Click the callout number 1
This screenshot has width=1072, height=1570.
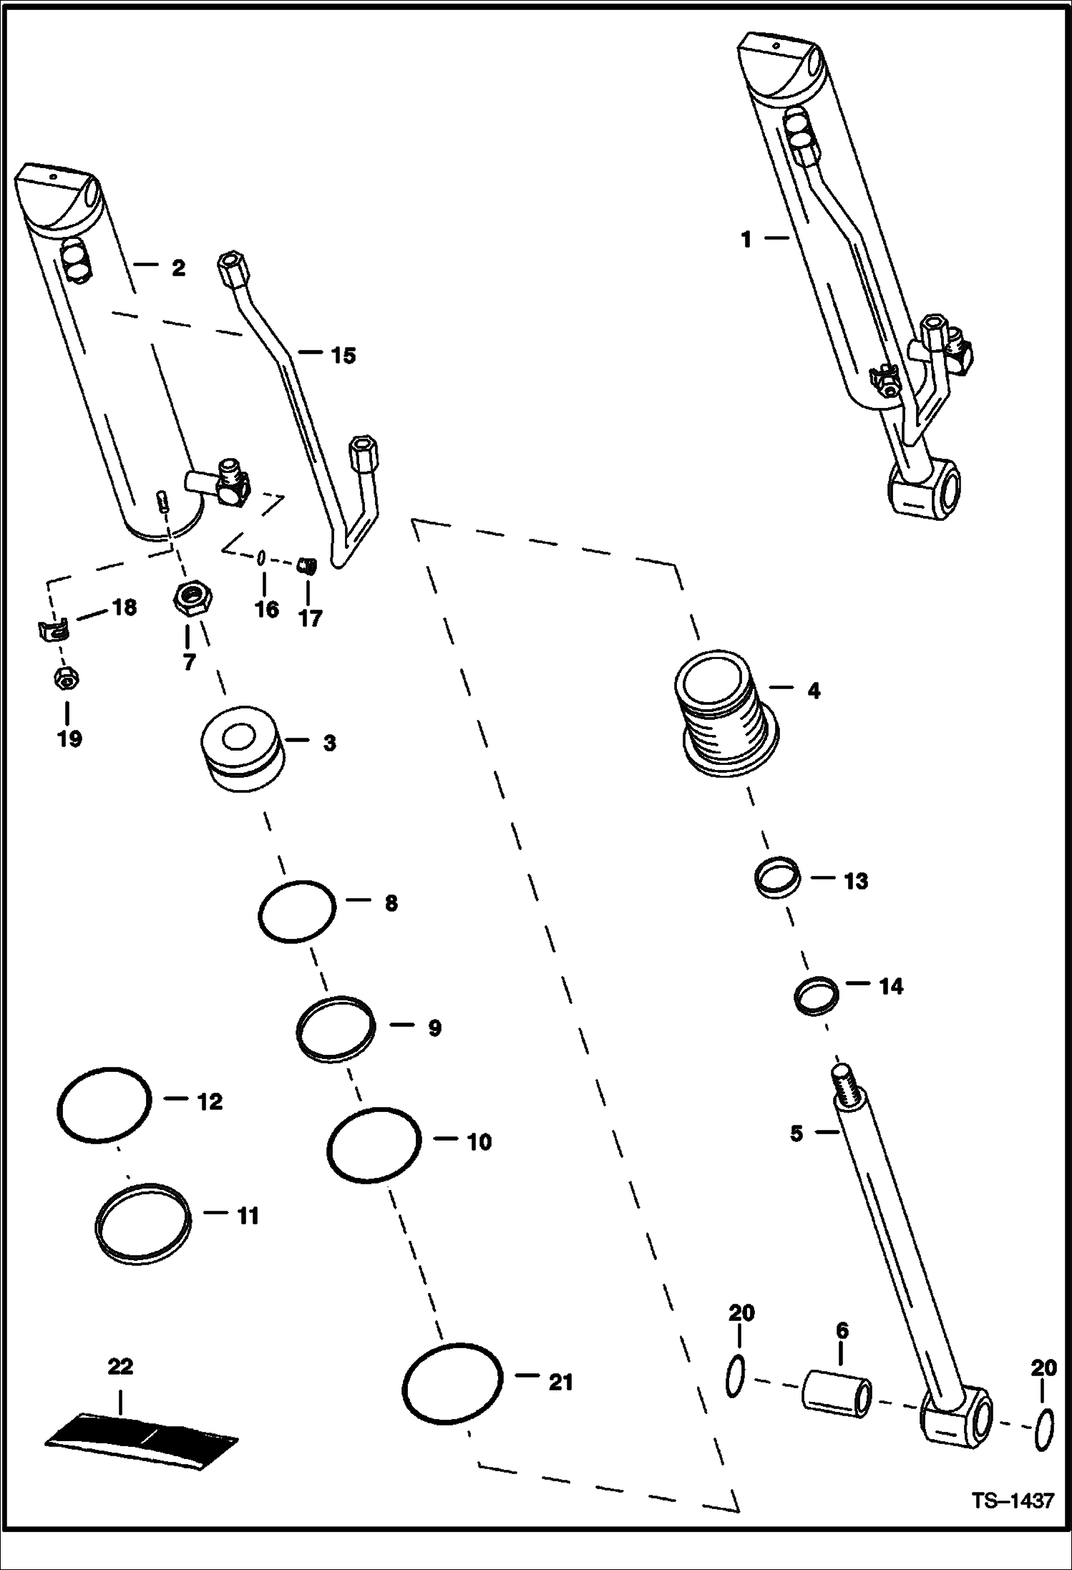pyautogui.click(x=746, y=239)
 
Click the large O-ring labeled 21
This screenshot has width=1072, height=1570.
pyautogui.click(x=452, y=1383)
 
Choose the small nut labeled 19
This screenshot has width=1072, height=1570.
pyautogui.click(x=66, y=681)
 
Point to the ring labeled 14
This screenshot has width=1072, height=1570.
pyautogui.click(x=817, y=996)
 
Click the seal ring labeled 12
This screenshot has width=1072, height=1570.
pyautogui.click(x=104, y=1105)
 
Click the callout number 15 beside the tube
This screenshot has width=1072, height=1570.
pyautogui.click(x=343, y=356)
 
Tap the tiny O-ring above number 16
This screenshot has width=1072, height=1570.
pyautogui.click(x=263, y=557)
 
